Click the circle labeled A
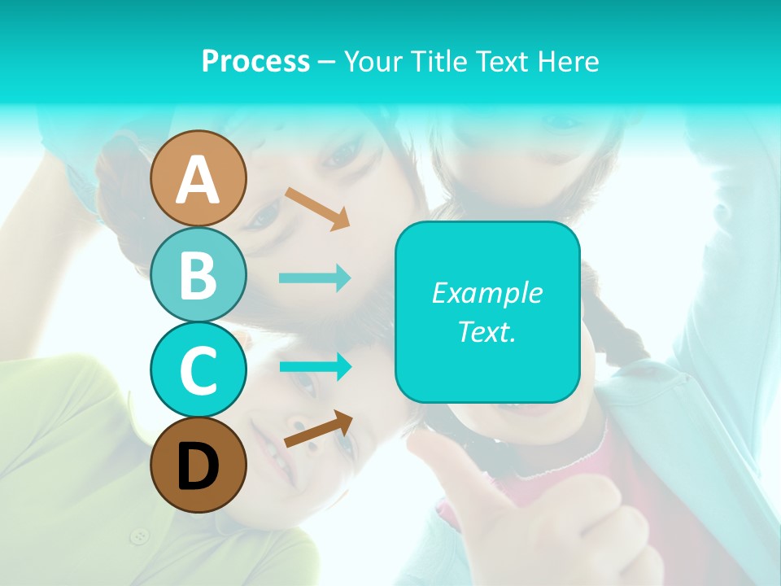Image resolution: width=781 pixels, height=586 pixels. click(x=198, y=178)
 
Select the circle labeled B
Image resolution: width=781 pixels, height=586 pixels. click(x=198, y=274)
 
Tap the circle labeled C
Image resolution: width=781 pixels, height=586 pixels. click(x=198, y=370)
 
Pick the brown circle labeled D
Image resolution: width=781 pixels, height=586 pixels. click(x=198, y=466)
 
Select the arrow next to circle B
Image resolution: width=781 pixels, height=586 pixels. click(x=315, y=278)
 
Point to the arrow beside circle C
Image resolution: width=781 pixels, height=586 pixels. click(x=315, y=366)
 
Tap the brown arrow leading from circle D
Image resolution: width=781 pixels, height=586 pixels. click(x=317, y=429)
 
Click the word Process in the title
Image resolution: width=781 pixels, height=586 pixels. click(x=255, y=61)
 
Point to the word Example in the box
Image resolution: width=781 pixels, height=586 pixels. click(x=486, y=293)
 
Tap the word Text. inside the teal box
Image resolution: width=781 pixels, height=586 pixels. click(x=486, y=331)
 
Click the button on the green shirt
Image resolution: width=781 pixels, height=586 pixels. click(x=141, y=536)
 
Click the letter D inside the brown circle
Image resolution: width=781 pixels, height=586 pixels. click(x=198, y=468)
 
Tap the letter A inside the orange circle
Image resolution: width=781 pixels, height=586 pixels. click(x=198, y=180)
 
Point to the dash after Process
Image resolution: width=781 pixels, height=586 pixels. click(x=326, y=62)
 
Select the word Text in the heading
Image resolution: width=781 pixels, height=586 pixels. click(x=503, y=61)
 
